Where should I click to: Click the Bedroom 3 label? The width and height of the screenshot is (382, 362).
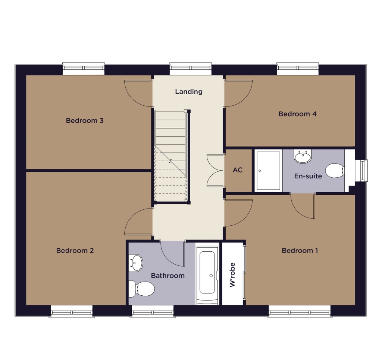click(85, 120)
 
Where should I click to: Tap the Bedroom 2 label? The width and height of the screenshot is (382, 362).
click(75, 250)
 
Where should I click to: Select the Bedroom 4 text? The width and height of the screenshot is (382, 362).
click(297, 114)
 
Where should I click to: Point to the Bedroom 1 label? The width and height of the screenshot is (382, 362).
click(300, 250)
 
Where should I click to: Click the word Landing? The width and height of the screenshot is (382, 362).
click(189, 92)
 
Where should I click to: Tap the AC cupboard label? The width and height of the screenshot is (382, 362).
click(238, 170)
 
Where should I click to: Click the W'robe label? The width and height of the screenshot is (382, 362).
click(232, 275)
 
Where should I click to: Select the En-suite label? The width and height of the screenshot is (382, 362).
click(308, 176)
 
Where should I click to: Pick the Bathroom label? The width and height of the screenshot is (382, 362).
click(168, 276)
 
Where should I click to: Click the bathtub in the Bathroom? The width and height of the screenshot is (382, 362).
click(207, 273)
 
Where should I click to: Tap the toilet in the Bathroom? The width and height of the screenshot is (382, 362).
click(141, 289)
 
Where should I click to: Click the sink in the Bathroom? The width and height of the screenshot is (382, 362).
click(135, 263)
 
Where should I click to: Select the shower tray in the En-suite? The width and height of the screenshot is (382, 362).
click(268, 171)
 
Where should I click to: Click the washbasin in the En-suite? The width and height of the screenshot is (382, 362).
click(303, 156)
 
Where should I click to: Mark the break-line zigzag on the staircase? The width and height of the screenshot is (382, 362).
click(170, 161)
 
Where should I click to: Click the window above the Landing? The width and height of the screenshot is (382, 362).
click(191, 69)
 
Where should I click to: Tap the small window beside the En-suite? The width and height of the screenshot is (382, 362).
click(361, 171)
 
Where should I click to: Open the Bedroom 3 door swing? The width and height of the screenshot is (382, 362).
click(138, 93)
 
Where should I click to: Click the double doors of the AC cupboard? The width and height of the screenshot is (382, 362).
click(215, 171)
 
